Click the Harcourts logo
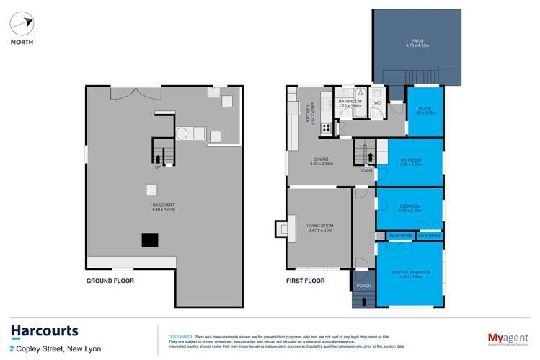click(44, 331)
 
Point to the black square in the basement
click(149, 240)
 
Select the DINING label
click(311, 162)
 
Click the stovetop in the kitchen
click(325, 128)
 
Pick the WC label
click(376, 102)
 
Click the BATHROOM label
click(350, 103)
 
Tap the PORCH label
click(363, 286)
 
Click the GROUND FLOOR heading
click(110, 281)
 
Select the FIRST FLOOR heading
click(306, 281)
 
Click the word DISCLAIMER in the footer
click(180, 336)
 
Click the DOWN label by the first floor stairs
click(366, 171)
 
